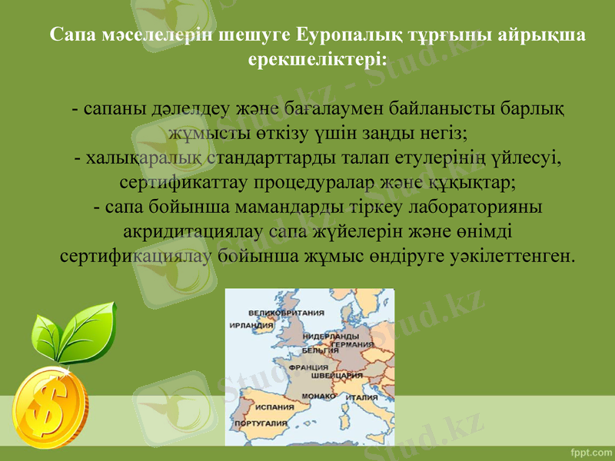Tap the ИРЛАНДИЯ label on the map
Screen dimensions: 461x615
pyautogui.click(x=251, y=325)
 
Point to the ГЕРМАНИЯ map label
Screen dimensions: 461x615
pyautogui.click(x=351, y=345)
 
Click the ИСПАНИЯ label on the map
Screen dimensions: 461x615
pyautogui.click(x=274, y=406)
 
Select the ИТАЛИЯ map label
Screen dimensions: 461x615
pyautogui.click(x=361, y=398)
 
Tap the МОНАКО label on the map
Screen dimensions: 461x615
pyautogui.click(x=317, y=395)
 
